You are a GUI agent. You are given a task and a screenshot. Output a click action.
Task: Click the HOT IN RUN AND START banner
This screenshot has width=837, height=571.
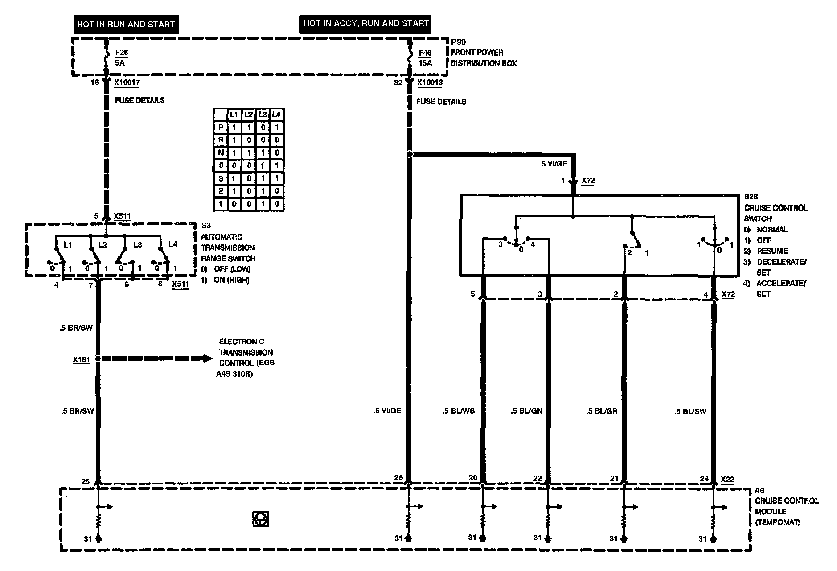126,24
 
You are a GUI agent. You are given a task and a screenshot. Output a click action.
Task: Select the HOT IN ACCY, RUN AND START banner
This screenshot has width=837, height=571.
366,23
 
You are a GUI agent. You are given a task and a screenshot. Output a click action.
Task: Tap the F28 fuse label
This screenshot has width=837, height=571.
121,53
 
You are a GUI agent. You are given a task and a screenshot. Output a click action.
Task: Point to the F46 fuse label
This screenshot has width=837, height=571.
425,54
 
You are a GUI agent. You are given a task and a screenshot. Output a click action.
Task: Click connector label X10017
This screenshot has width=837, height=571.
127,83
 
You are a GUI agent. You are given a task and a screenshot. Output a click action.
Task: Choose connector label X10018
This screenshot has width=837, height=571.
430,83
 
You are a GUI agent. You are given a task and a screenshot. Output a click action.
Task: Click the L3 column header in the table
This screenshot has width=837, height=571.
263,115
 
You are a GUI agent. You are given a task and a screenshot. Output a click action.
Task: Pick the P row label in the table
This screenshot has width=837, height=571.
220,128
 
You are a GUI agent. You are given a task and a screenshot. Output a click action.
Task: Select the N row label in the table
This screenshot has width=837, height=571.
220,153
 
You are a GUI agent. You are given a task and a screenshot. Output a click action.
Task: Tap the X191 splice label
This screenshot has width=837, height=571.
82,359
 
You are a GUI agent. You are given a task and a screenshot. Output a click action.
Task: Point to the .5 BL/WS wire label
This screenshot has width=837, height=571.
459,410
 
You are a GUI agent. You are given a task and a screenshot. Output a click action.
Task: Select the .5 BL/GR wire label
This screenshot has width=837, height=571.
602,410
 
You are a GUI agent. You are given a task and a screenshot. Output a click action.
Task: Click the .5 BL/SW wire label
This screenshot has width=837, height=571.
690,411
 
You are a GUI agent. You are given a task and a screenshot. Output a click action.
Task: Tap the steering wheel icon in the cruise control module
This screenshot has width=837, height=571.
260,519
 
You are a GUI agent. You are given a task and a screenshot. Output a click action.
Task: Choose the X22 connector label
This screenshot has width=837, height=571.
727,480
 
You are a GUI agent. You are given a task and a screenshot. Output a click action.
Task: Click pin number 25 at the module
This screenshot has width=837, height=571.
86,481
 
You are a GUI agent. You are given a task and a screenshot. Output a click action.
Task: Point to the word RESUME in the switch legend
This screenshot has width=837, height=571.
772,251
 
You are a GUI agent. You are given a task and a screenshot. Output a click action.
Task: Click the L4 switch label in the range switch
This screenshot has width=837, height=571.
173,244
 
